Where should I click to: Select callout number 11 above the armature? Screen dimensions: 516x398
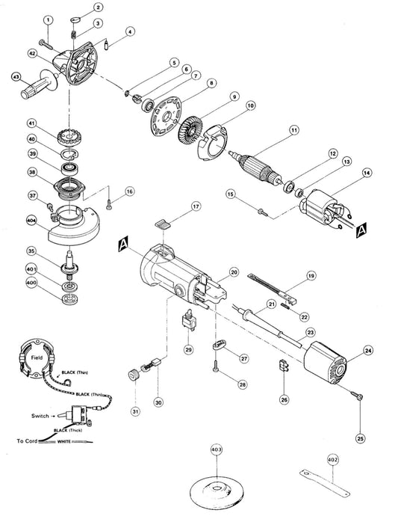point(294,130)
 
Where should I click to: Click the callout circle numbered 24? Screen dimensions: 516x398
point(367,349)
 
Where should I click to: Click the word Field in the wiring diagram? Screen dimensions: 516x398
point(36,358)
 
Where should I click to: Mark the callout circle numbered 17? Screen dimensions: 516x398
point(175,205)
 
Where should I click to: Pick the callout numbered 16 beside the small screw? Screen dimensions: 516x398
point(130,191)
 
